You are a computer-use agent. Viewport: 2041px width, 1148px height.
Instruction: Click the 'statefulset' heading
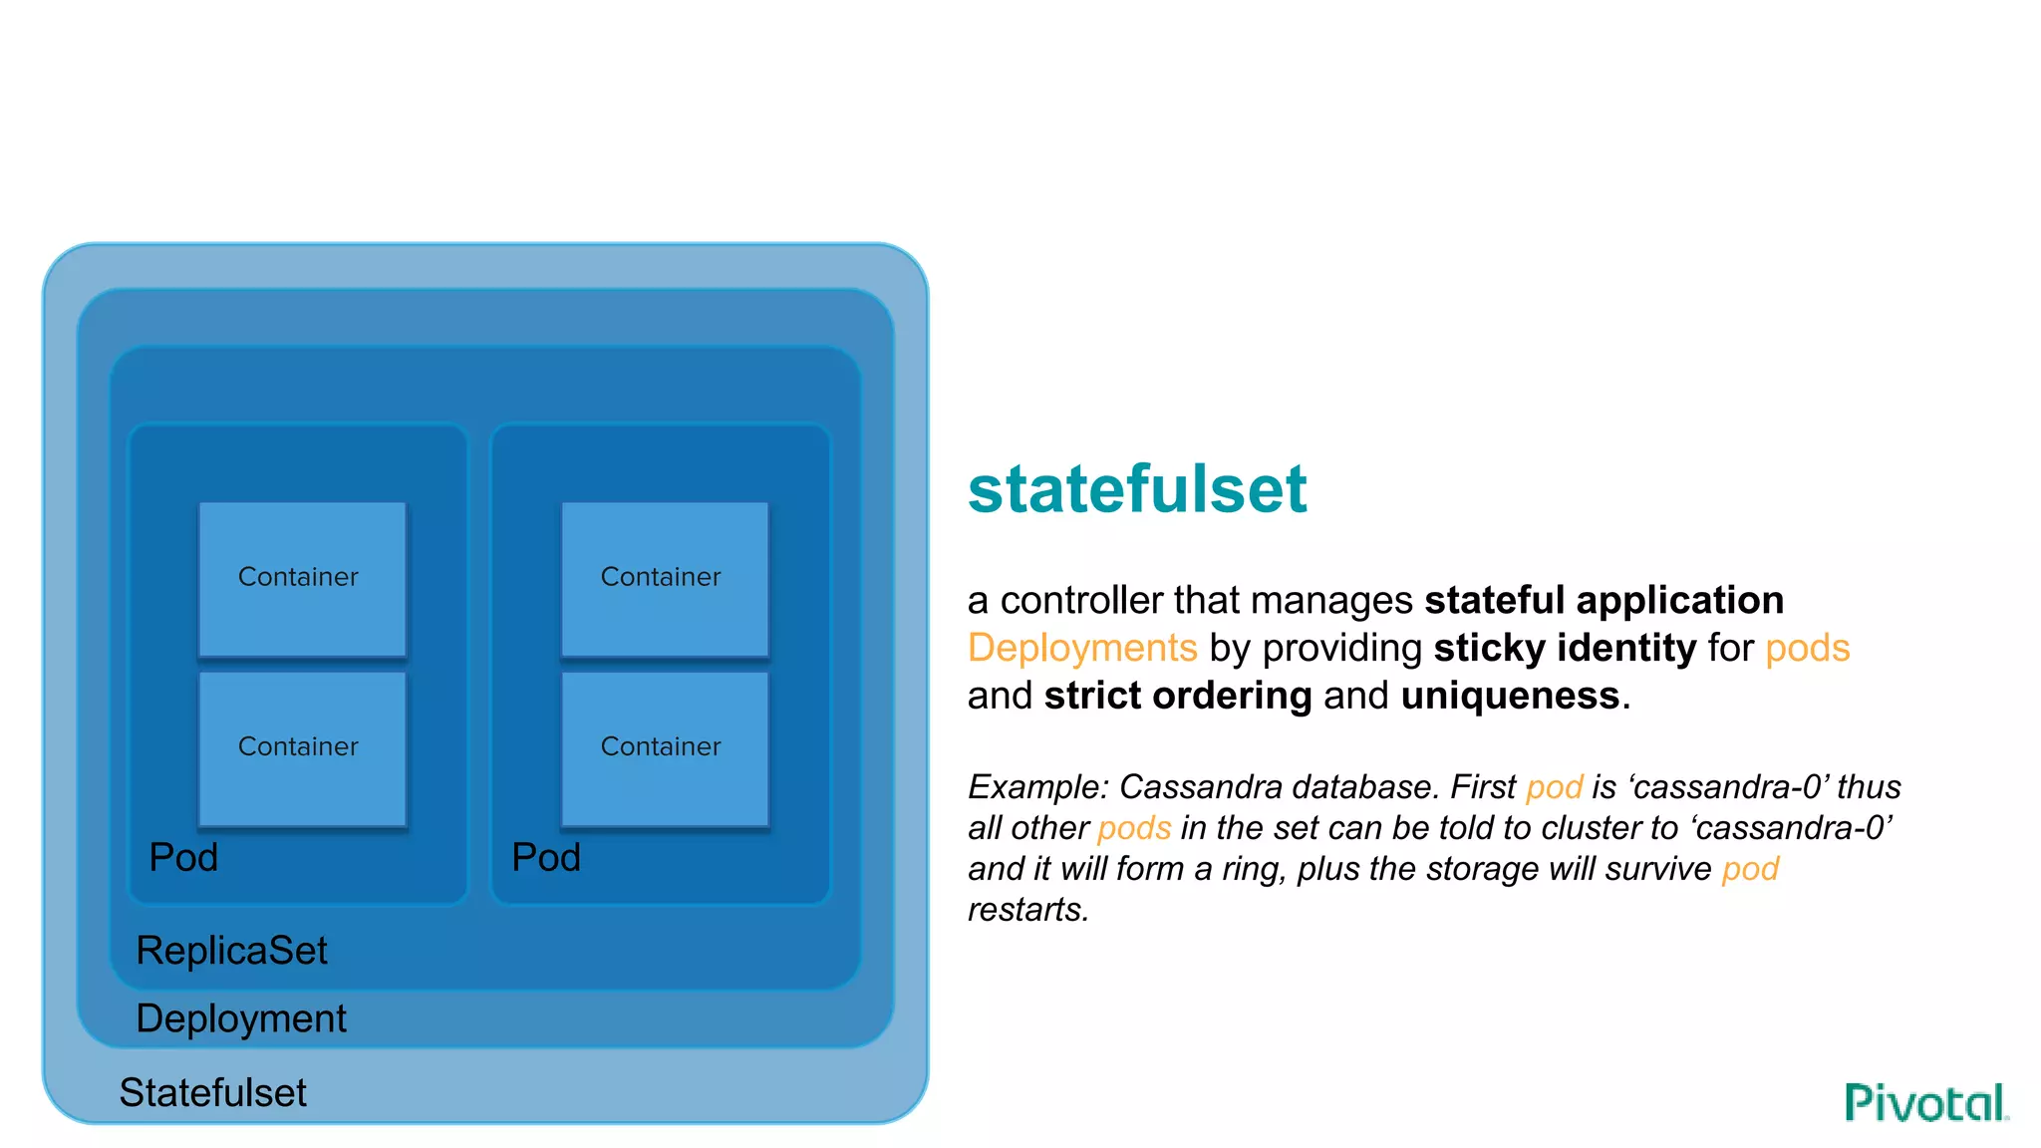[x=1136, y=489]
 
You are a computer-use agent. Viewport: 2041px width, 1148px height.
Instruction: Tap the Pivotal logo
[x=1925, y=1102]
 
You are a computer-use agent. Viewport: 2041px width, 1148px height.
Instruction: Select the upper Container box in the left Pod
[x=302, y=578]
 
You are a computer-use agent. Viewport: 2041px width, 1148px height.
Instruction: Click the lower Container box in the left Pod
[x=302, y=747]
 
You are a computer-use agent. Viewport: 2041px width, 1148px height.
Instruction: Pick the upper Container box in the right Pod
[x=665, y=578]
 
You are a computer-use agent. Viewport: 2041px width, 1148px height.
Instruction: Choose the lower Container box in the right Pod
[x=665, y=747]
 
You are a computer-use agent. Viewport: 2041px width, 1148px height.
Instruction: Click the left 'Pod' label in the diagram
[x=183, y=857]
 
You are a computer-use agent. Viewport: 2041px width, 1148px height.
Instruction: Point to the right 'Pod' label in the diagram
[x=546, y=857]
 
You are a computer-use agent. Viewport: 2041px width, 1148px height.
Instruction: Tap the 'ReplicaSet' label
[x=231, y=951]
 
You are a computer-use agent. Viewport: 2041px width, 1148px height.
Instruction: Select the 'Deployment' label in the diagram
[x=241, y=1018]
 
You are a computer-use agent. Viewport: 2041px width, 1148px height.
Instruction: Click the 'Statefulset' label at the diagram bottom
[x=212, y=1093]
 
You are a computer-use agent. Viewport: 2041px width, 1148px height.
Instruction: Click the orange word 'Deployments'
[x=1082, y=649]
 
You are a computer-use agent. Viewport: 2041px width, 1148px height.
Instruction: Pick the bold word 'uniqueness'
[x=1510, y=696]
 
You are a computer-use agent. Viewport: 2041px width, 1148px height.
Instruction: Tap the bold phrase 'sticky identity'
[x=1565, y=649]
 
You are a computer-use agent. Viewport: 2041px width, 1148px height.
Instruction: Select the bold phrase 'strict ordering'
[x=1178, y=696]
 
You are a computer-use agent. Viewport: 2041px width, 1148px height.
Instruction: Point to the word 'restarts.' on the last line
[x=1028, y=910]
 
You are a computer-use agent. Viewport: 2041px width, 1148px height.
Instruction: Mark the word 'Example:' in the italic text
[x=1037, y=787]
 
